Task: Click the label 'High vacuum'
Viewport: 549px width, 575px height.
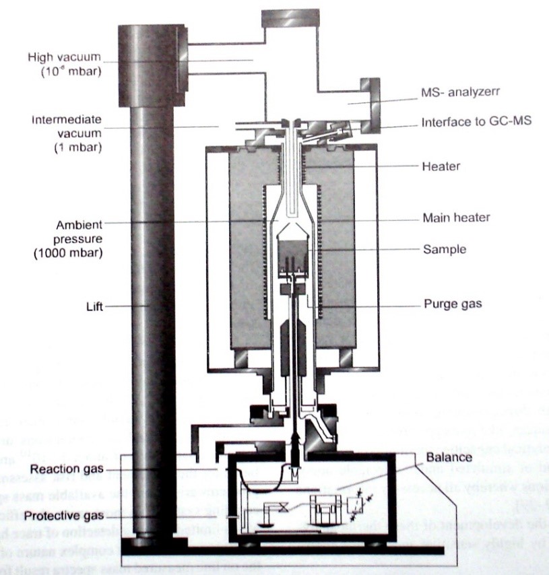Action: tap(65, 57)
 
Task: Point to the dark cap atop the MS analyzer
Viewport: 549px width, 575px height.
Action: tap(290, 18)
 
